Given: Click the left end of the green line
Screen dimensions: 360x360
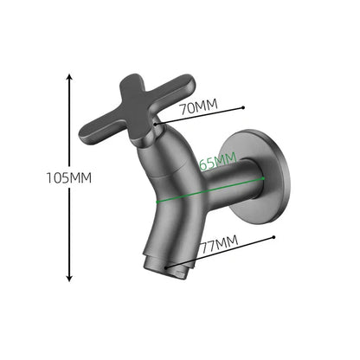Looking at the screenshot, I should [x=157, y=200].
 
